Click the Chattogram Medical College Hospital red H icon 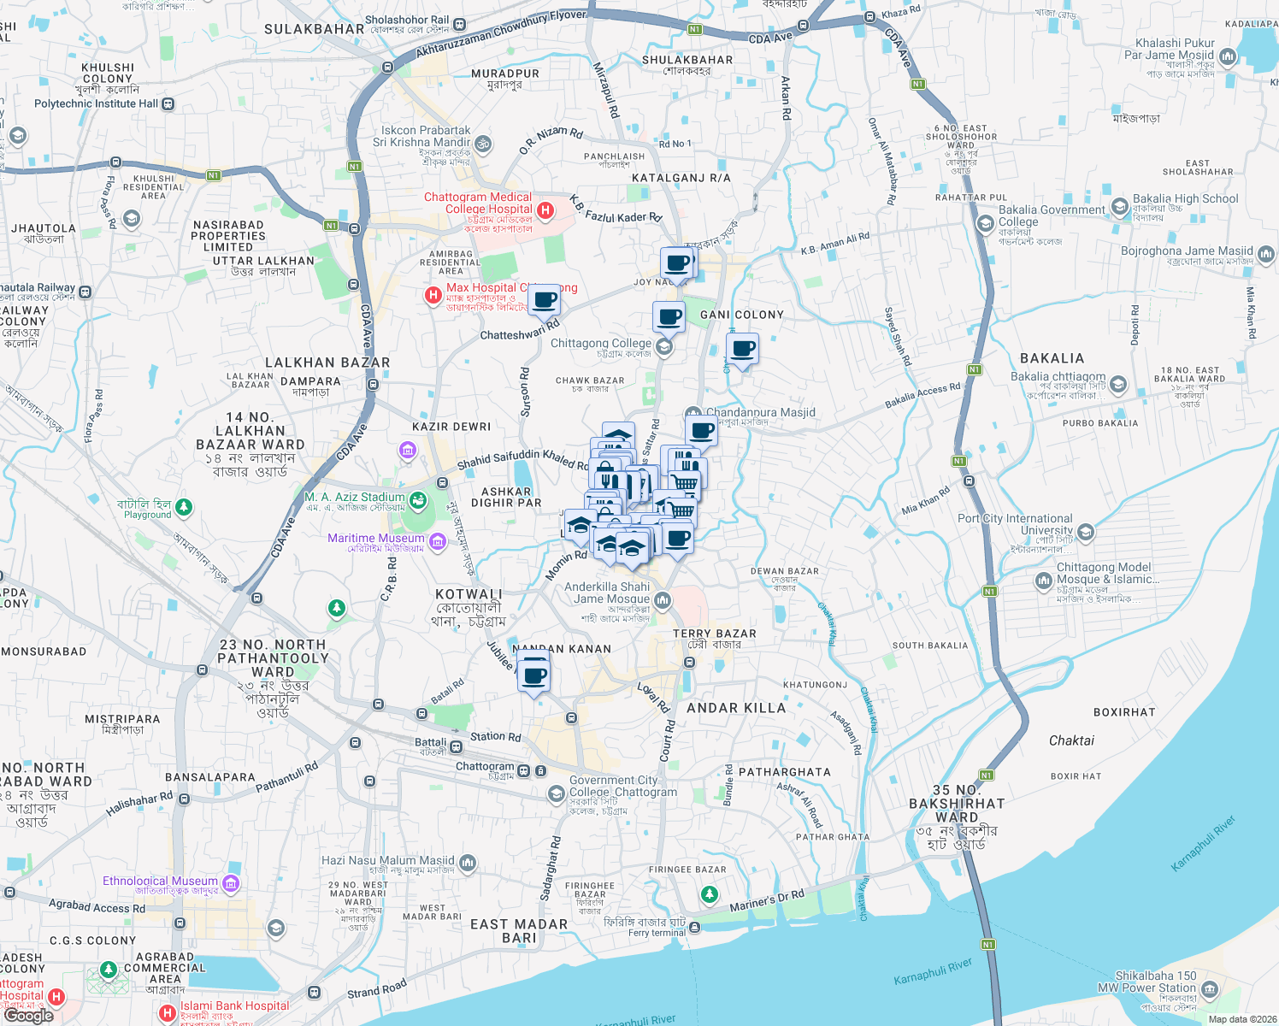(x=545, y=209)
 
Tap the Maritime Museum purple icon (x=438, y=540)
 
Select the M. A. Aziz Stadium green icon (x=418, y=499)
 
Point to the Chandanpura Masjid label (x=760, y=412)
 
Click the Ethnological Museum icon (x=231, y=882)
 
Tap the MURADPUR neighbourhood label (x=505, y=74)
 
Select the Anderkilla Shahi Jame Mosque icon (x=663, y=600)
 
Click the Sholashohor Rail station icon (x=460, y=25)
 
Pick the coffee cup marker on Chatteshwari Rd (x=544, y=301)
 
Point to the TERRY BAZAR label (x=714, y=634)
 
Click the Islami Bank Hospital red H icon (x=168, y=1012)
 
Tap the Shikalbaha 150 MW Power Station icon (x=1209, y=990)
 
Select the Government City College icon (x=557, y=793)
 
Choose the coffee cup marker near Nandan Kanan (x=534, y=676)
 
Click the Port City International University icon (x=1086, y=533)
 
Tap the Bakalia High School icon (x=1120, y=207)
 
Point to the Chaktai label (x=1071, y=740)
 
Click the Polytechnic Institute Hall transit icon (x=168, y=104)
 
